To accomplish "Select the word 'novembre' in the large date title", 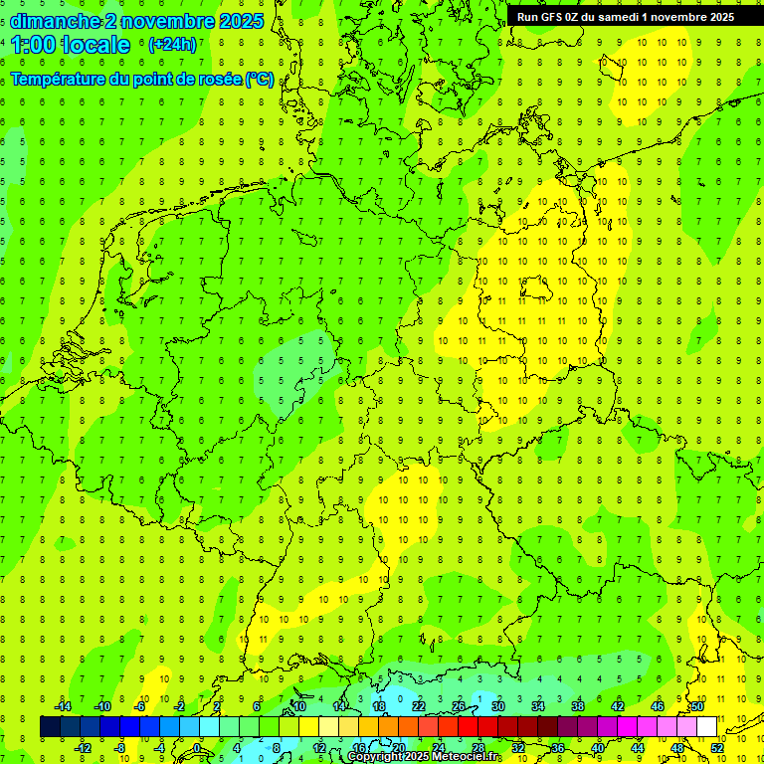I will click(161, 21).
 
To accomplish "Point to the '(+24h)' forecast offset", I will click(172, 45).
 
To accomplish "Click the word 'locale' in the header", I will click(95, 45).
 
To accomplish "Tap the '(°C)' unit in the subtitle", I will click(259, 79).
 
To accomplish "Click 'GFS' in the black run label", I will click(553, 17).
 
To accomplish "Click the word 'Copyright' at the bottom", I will click(375, 757).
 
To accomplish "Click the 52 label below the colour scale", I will click(717, 748).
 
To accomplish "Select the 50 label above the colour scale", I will click(697, 706).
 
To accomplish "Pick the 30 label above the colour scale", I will click(498, 706).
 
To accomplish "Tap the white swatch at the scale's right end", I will click(706, 727).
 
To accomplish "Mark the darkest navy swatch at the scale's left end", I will click(50, 727).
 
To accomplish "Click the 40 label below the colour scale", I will click(598, 748).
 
